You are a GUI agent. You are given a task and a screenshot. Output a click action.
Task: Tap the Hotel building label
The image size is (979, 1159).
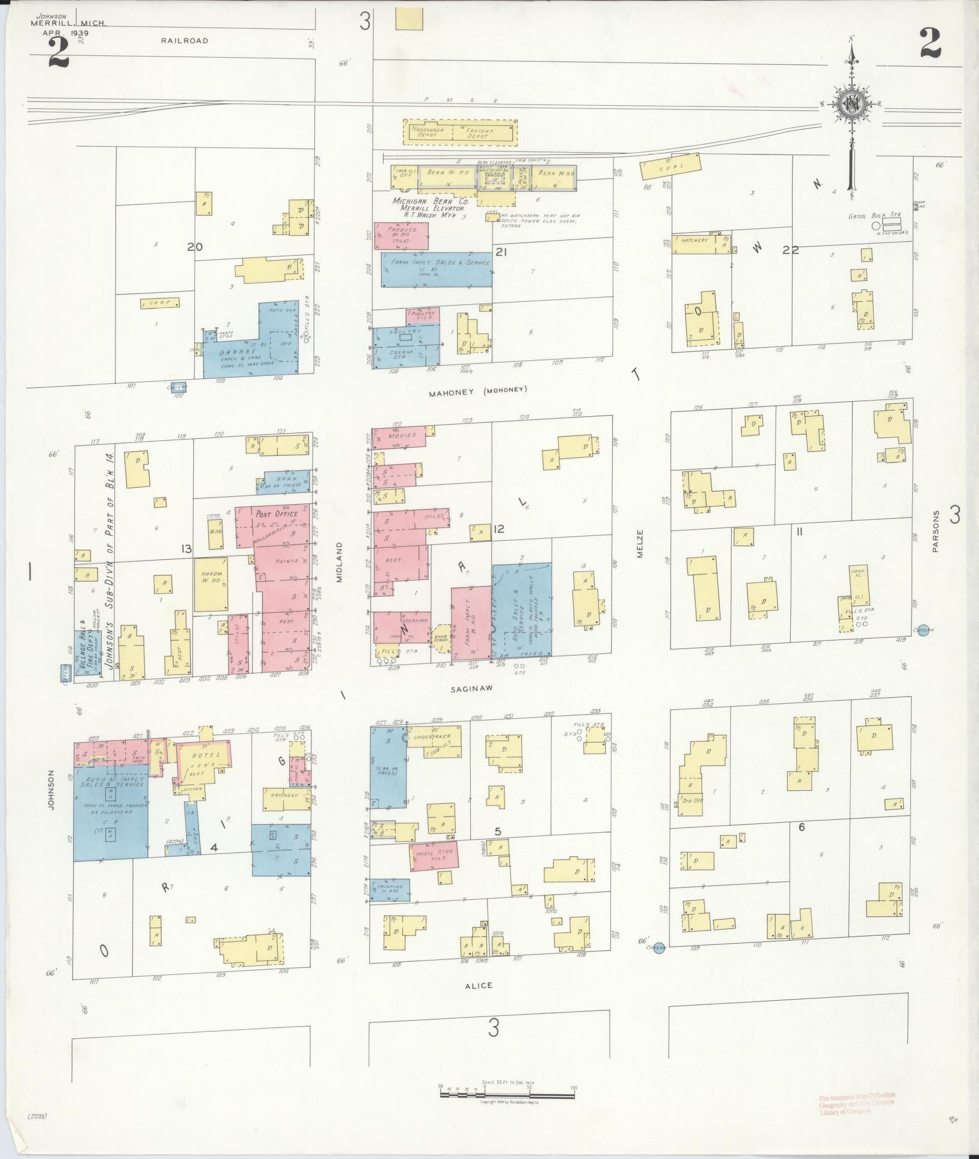[206, 755]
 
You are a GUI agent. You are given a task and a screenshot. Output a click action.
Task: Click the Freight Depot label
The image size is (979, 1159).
[480, 133]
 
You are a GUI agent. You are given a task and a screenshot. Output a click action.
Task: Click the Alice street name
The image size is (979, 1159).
[479, 985]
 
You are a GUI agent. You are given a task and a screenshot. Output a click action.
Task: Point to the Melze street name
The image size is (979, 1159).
[640, 543]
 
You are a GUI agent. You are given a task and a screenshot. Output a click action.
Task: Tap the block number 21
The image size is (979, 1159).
[502, 252]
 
